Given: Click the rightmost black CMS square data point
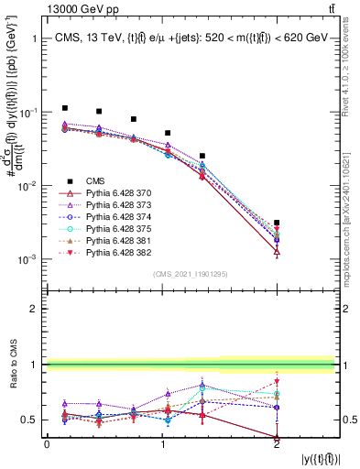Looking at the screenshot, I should pos(277,223).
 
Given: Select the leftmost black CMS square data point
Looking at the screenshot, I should pos(65,108).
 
